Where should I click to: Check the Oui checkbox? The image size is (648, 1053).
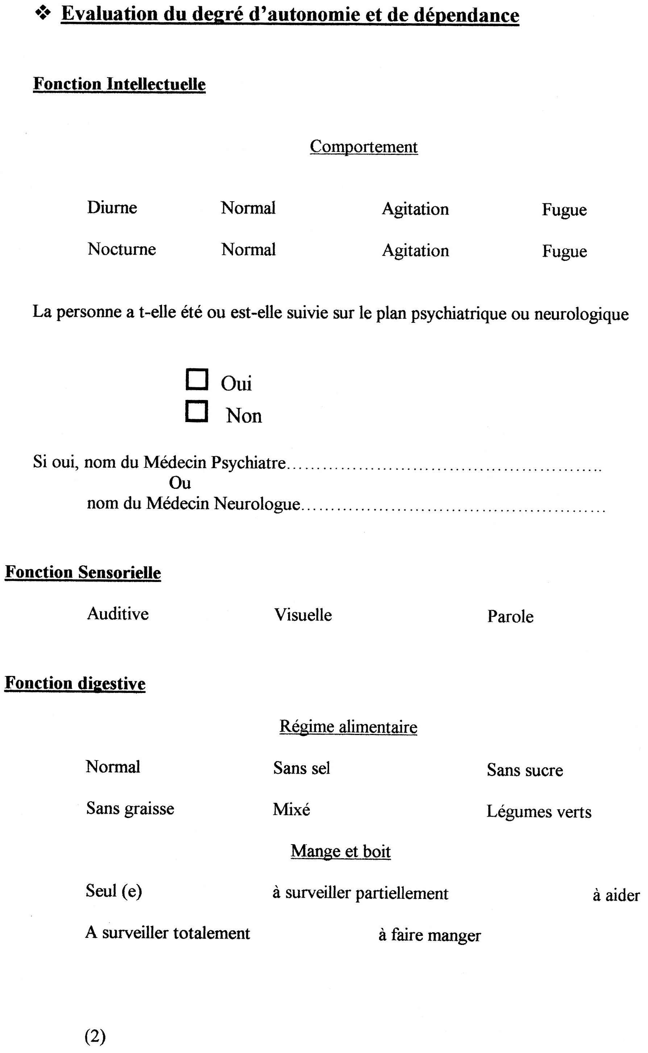point(197,380)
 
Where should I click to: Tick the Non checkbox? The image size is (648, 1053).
point(197,412)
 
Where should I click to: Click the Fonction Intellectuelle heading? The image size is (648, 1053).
point(119,84)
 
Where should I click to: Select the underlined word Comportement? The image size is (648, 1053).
point(364,146)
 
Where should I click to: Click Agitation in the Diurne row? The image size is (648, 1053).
point(415,209)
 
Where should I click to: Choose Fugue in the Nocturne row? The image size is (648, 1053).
point(564,251)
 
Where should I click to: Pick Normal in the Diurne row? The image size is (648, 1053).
point(248,208)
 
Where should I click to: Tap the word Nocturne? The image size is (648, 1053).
point(122,249)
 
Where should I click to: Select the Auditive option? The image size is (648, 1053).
point(118,614)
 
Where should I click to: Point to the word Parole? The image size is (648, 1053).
point(510,617)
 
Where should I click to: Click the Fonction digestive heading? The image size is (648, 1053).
point(75,684)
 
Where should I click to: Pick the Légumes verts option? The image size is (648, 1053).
point(539,812)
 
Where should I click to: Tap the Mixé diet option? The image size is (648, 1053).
point(291,809)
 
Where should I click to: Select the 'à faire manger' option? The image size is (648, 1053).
point(429,936)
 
